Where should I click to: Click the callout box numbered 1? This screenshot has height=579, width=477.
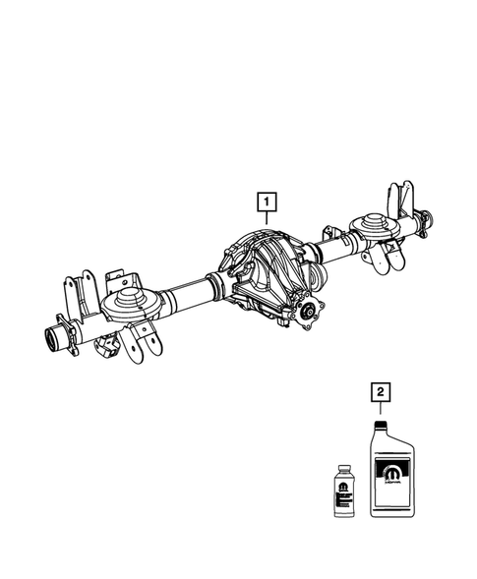pos(267,203)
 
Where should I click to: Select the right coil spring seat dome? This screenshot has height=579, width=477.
pos(376,225)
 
